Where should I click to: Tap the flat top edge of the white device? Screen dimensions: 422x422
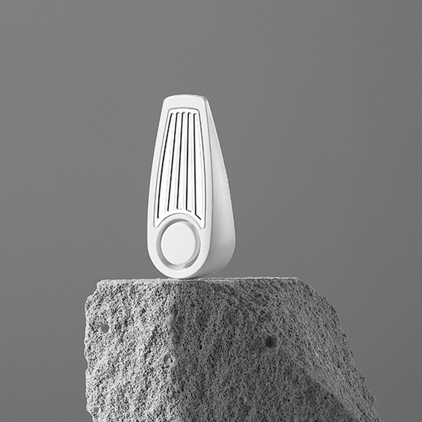(x=185, y=96)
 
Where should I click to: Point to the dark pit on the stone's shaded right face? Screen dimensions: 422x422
(x=270, y=341)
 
